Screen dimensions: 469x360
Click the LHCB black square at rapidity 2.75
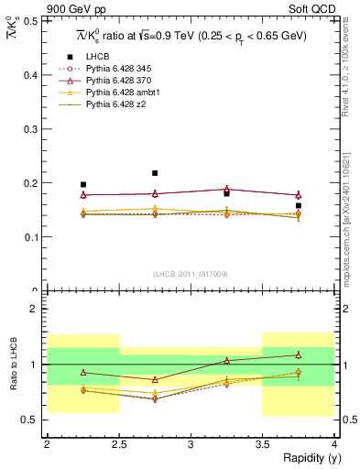pyautogui.click(x=155, y=173)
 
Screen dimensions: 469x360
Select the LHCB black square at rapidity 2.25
pyautogui.click(x=83, y=185)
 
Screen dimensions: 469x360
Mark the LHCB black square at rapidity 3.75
pyautogui.click(x=299, y=206)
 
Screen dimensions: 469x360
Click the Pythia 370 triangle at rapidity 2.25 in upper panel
pyautogui.click(x=83, y=195)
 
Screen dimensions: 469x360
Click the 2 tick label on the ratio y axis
pyautogui.click(x=37, y=310)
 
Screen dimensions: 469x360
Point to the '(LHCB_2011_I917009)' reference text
pyautogui.click(x=190, y=274)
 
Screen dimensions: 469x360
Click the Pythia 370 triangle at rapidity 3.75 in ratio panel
pyautogui.click(x=299, y=355)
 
